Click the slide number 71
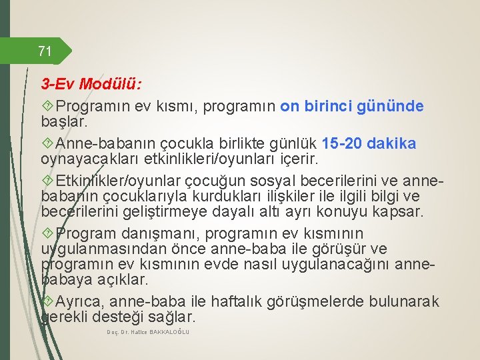[x=45, y=51]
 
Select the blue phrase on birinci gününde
[x=352, y=107]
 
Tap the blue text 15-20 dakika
[x=369, y=144]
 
